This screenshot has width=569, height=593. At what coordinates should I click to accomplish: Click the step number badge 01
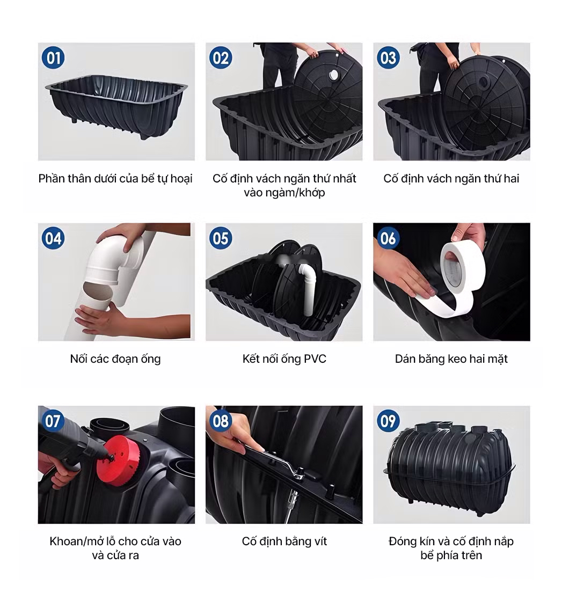point(53,58)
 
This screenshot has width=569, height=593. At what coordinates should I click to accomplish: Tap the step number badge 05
point(221,238)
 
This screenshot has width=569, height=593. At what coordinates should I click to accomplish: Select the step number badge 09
point(388,421)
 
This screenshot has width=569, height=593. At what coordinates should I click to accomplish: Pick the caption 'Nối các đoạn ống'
point(115,358)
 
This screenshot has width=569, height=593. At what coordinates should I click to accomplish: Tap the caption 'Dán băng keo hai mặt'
point(451,358)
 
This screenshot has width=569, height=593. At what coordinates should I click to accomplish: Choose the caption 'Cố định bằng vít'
point(284,541)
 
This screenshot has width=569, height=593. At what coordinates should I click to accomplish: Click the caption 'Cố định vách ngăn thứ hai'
point(451,178)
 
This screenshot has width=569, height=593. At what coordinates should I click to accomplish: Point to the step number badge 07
point(53,421)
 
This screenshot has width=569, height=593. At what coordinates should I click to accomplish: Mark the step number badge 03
point(388,58)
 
